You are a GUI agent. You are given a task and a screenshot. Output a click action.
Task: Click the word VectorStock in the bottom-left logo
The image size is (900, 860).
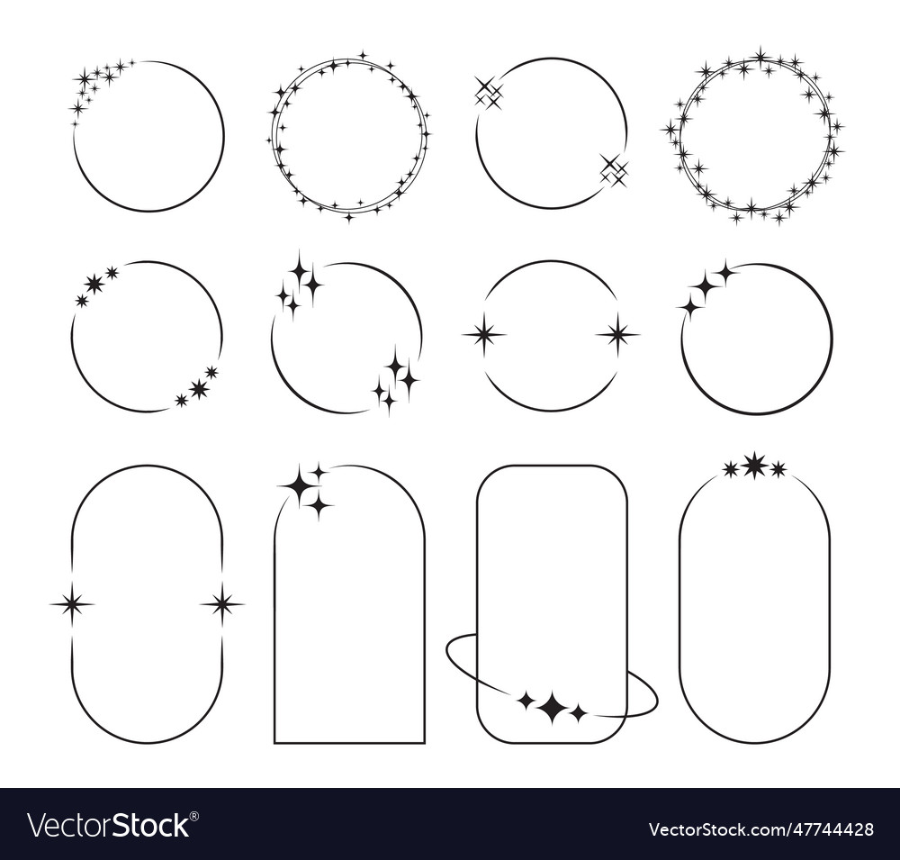[108, 826]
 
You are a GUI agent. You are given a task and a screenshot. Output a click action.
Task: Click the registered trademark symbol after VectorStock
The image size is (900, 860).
[195, 815]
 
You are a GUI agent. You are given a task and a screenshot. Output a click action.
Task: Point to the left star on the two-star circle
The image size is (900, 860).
[484, 335]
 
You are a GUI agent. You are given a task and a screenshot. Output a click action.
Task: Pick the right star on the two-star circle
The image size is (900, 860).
[617, 335]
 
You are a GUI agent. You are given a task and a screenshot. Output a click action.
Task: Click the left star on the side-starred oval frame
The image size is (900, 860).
[72, 603]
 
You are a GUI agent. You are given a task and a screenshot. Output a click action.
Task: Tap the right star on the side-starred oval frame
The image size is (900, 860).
[221, 603]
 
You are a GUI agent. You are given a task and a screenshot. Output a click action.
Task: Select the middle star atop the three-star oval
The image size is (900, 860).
[754, 466]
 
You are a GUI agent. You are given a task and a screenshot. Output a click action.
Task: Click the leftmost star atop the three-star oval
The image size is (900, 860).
[731, 468]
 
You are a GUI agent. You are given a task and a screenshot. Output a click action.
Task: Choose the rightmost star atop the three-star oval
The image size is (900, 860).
[778, 468]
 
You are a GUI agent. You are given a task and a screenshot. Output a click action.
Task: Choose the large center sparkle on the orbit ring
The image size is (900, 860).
[552, 708]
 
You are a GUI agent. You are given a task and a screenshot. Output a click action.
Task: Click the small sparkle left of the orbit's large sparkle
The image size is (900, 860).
[526, 700]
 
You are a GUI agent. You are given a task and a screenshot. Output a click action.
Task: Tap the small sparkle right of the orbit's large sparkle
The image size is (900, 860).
[578, 713]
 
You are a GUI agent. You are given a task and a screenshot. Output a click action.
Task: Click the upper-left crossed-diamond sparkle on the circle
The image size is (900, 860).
[488, 92]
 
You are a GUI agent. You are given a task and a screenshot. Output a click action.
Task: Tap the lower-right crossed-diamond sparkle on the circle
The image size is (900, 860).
[614, 169]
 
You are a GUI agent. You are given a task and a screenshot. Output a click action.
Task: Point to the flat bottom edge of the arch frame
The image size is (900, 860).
[349, 743]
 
